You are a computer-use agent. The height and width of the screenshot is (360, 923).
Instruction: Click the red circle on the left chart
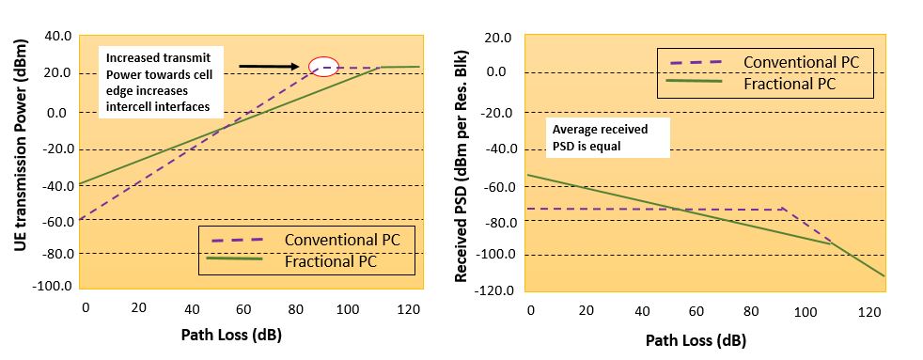(322, 68)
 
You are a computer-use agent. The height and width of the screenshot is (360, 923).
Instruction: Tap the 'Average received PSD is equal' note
(607, 138)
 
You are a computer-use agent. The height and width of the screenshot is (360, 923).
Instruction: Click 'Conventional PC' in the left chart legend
(342, 239)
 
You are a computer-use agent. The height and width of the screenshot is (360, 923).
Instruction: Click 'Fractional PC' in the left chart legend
(331, 261)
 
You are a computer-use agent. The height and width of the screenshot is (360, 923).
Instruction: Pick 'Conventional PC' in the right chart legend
(800, 61)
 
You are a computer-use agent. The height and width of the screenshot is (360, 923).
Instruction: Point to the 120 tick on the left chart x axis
(407, 308)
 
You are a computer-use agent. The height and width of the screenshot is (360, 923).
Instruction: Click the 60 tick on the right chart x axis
(697, 312)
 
